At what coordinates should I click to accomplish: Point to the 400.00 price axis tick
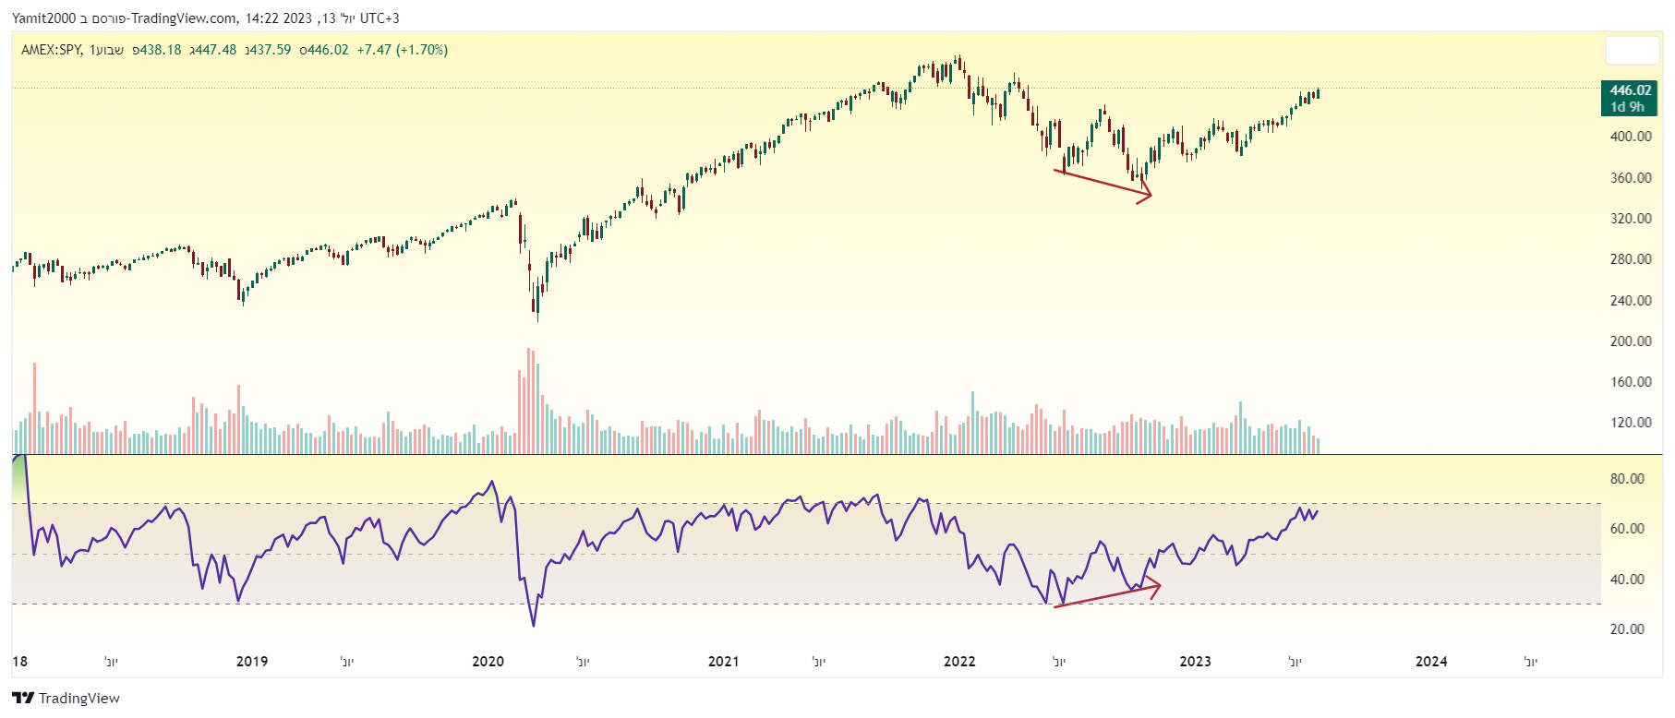click(1631, 137)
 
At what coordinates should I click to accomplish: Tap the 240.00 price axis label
click(1631, 300)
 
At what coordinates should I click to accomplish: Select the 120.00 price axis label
click(1631, 423)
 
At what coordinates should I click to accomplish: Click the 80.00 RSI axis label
click(1627, 479)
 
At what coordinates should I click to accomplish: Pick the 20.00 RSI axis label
click(1627, 629)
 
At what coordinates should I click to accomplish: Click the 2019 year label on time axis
click(252, 662)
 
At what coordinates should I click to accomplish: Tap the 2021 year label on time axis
click(724, 662)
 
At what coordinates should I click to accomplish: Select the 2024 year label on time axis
click(1431, 662)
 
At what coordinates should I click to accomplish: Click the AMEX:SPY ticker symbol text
click(52, 50)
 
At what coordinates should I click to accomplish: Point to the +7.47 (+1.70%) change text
click(403, 50)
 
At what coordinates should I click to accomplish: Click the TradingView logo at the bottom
click(66, 699)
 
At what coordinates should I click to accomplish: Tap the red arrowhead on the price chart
click(1146, 194)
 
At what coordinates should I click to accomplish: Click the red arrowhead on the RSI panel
click(1154, 586)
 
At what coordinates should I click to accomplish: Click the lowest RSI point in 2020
click(534, 626)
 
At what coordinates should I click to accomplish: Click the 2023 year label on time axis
click(1196, 662)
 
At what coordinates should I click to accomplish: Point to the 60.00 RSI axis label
click(1627, 529)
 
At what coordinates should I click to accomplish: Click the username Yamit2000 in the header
click(44, 18)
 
